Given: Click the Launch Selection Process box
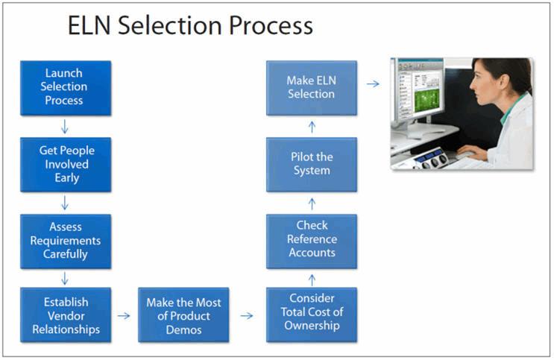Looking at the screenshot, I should tap(65, 88).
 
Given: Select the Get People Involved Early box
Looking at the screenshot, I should tap(65, 164).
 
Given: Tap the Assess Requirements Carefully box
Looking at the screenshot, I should tap(65, 241).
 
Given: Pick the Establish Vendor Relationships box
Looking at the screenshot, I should tap(65, 315).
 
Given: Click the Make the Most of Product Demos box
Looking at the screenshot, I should tap(184, 315).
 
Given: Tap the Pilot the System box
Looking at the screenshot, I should tap(312, 164).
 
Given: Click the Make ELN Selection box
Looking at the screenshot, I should tap(312, 88).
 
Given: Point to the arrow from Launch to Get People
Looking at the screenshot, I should tap(66, 126).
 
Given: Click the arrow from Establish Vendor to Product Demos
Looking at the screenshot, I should tap(124, 315).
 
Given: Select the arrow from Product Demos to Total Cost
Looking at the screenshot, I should tap(247, 315).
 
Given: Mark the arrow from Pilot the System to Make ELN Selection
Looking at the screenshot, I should tap(312, 126).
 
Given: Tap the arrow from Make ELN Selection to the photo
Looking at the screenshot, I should tap(373, 84).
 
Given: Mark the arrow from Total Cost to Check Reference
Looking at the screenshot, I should tap(312, 277).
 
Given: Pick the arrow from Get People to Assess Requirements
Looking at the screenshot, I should tap(66, 202).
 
